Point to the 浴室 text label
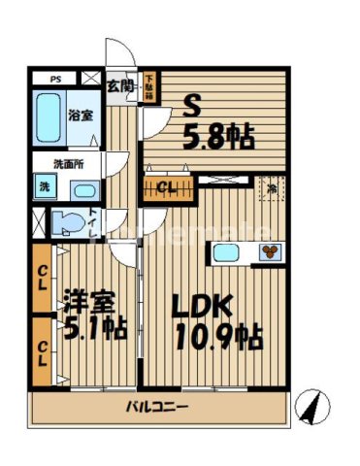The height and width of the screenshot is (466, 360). click(x=81, y=115)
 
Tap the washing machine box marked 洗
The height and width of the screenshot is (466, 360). click(x=45, y=186)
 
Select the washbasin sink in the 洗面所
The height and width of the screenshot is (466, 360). click(x=83, y=189)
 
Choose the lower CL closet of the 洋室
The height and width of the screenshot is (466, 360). click(x=43, y=349)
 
